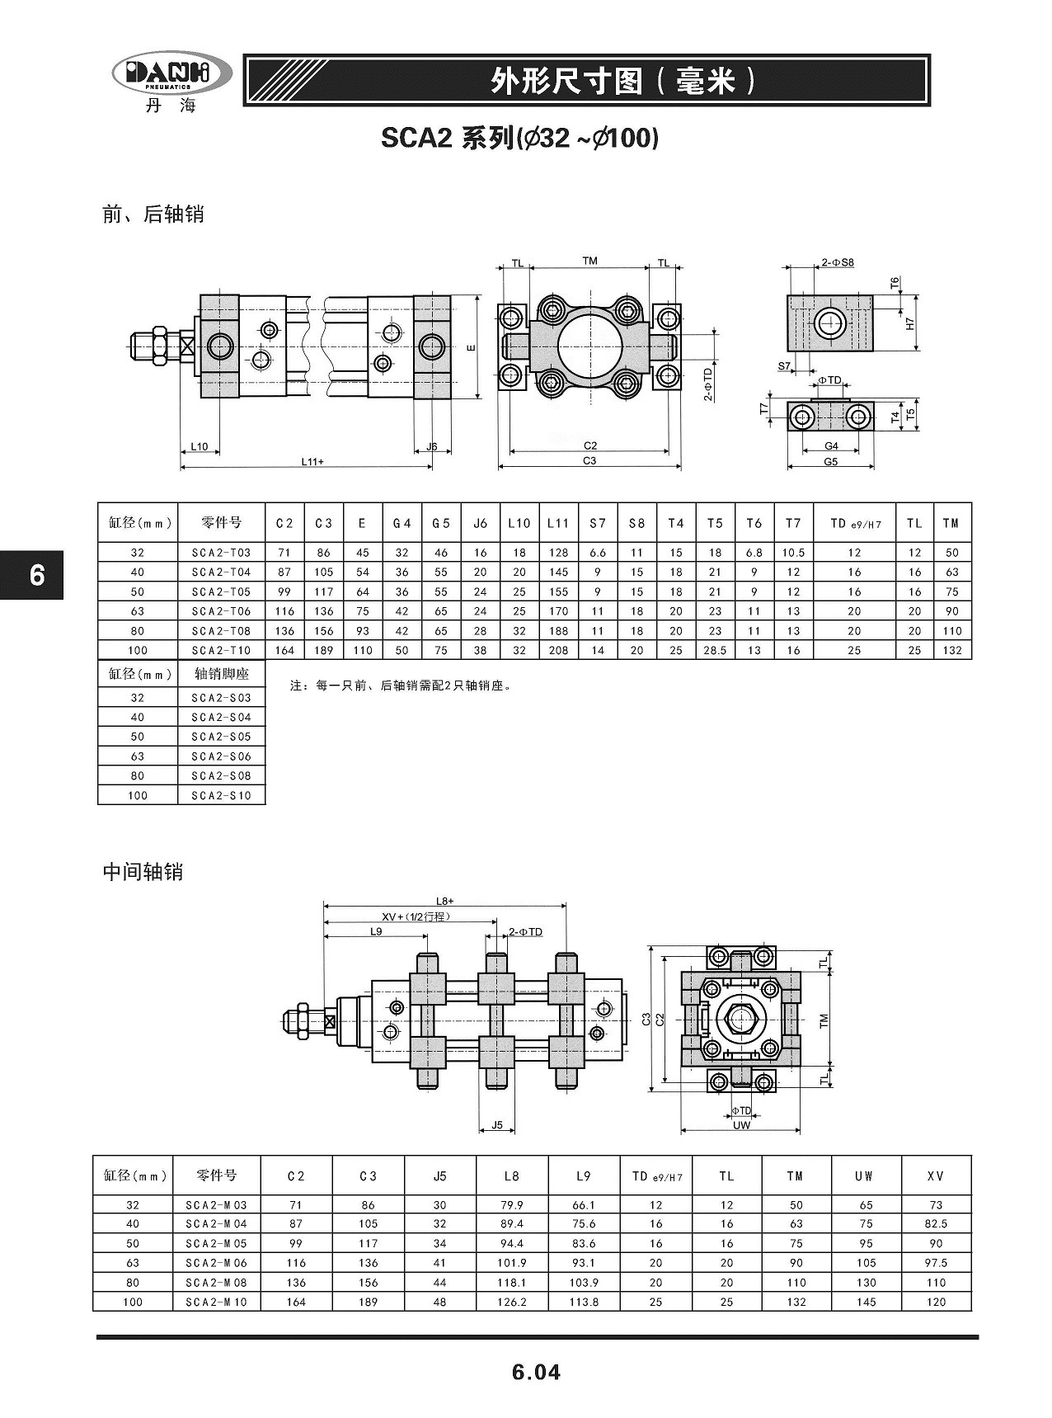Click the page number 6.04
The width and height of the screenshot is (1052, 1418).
pyautogui.click(x=536, y=1372)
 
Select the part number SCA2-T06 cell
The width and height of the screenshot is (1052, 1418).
pyautogui.click(x=221, y=611)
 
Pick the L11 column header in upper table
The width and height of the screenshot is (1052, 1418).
pyautogui.click(x=558, y=523)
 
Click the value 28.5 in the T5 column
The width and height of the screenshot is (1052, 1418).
pyautogui.click(x=715, y=650)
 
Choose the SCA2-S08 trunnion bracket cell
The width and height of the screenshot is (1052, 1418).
pyautogui.click(x=221, y=775)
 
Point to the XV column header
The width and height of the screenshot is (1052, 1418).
pyautogui.click(x=935, y=1175)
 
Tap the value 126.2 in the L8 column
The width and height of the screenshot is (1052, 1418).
pyautogui.click(x=512, y=1302)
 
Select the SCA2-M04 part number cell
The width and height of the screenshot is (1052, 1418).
pyautogui.click(x=216, y=1224)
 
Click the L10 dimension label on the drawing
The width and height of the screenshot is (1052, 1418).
pyautogui.click(x=200, y=447)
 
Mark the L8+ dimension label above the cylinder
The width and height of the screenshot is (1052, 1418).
pyautogui.click(x=445, y=901)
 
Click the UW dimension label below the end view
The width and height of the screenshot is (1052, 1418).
pyautogui.click(x=741, y=1125)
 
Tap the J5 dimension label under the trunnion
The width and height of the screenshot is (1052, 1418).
pyautogui.click(x=496, y=1124)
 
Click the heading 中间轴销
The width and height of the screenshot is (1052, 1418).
pyautogui.click(x=143, y=872)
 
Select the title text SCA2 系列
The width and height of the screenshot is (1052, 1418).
pyautogui.click(x=446, y=138)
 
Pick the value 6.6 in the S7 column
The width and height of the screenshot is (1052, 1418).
pyautogui.click(x=598, y=553)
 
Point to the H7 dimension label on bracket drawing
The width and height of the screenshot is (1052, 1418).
pyautogui.click(x=910, y=324)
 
